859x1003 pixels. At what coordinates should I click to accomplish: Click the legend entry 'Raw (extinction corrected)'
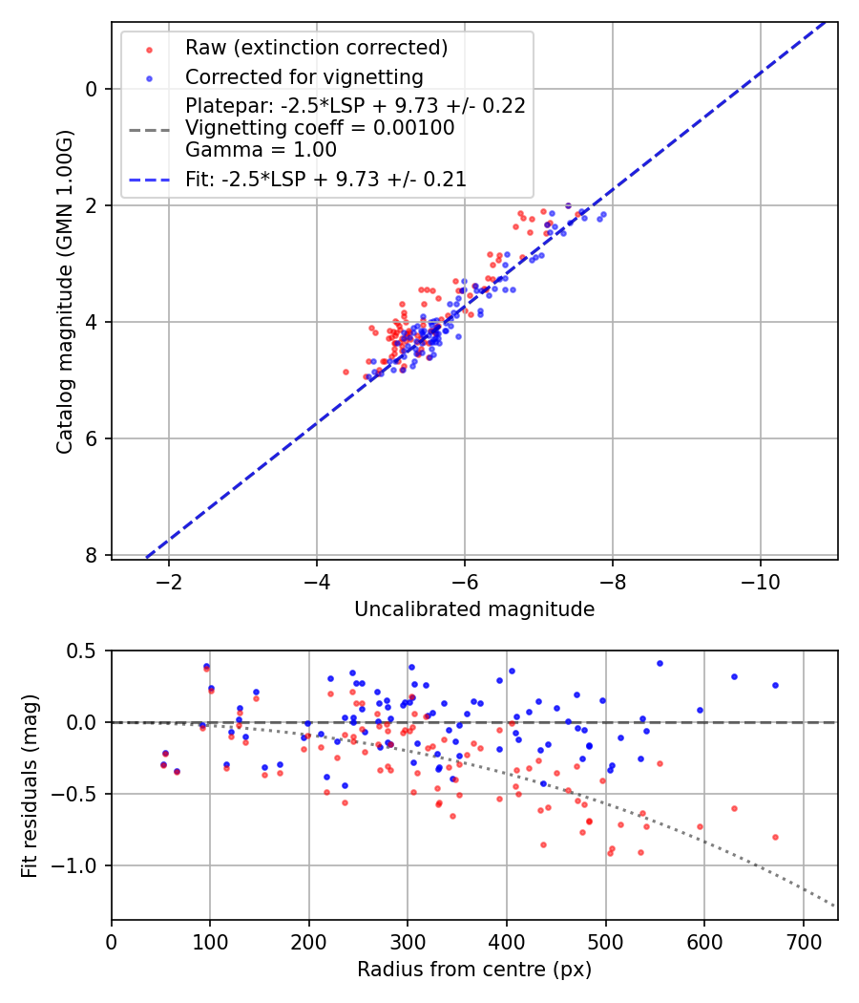(x=316, y=47)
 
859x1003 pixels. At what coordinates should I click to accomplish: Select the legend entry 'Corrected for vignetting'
(x=304, y=76)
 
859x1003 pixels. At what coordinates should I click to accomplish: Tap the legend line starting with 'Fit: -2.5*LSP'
(x=325, y=179)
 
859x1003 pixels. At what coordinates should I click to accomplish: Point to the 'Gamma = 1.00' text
(x=261, y=149)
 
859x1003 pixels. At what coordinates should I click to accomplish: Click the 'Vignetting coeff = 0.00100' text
(x=320, y=127)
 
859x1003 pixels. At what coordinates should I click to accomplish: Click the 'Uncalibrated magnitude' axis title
(x=474, y=609)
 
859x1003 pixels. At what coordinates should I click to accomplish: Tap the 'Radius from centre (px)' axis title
(x=474, y=970)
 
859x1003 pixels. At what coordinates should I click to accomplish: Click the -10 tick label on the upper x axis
(x=760, y=581)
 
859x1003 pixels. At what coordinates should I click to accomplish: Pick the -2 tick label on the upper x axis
(x=170, y=581)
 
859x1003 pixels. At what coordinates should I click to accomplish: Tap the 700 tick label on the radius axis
(x=803, y=941)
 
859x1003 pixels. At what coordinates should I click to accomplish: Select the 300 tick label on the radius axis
(x=408, y=941)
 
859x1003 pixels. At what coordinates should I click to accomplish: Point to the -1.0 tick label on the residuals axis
(x=80, y=865)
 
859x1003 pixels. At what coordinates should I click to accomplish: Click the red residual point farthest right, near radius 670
(x=775, y=837)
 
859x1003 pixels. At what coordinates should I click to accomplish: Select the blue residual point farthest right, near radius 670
(x=775, y=685)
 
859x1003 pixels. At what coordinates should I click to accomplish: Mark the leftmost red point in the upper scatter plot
(x=346, y=372)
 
